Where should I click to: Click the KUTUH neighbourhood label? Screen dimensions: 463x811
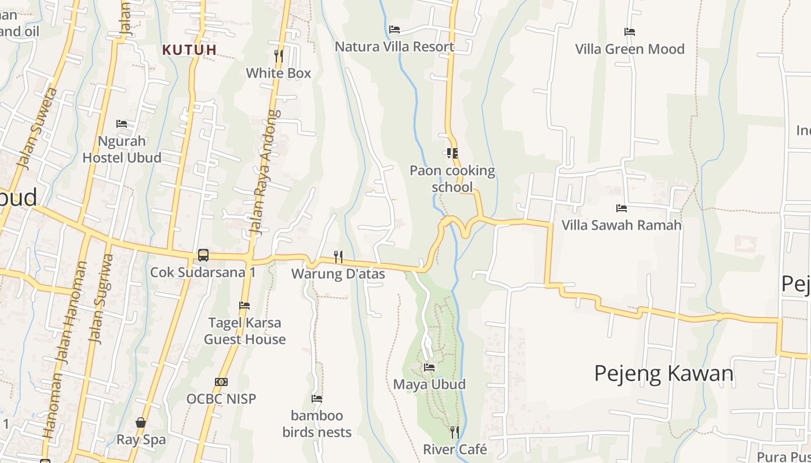(x=189, y=50)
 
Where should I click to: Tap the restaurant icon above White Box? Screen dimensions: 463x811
(x=279, y=56)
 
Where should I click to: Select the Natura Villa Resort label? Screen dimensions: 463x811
(x=394, y=47)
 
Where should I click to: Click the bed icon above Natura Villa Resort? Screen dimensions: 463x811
(x=394, y=30)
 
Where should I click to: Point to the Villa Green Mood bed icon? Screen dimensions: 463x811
(x=630, y=32)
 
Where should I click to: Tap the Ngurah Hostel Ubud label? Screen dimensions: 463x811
(x=122, y=149)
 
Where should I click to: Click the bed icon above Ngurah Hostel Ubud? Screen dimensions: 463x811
(x=122, y=124)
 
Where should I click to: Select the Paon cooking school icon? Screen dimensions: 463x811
(x=452, y=153)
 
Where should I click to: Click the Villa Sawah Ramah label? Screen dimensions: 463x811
(x=622, y=225)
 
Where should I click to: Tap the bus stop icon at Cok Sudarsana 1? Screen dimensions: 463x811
(x=203, y=255)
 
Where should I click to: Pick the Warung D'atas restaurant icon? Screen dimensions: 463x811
(x=338, y=256)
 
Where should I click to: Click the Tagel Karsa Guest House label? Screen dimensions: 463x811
(x=244, y=331)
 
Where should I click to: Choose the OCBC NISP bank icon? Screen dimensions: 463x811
(x=221, y=382)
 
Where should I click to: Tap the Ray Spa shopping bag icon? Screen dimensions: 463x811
(x=141, y=422)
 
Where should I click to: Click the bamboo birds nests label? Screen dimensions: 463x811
(x=317, y=424)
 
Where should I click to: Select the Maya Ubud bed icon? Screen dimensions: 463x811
(x=429, y=368)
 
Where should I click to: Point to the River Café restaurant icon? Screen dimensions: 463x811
(x=455, y=432)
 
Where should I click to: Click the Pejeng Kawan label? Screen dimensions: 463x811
(x=664, y=373)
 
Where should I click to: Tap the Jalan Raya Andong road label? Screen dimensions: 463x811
(x=264, y=172)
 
